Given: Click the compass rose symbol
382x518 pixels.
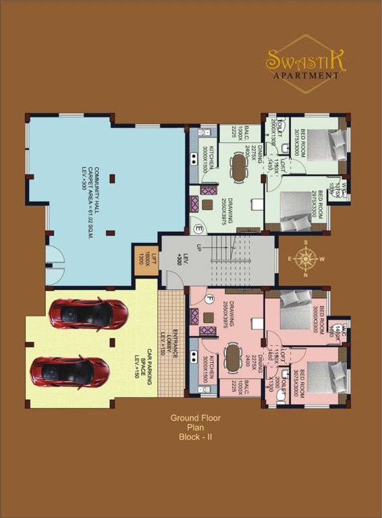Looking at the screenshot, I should (x=306, y=258).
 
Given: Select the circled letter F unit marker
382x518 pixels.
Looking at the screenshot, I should (x=210, y=299).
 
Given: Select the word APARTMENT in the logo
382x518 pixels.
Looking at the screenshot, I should (x=305, y=76).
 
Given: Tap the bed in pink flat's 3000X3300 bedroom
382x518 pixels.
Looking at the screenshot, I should (x=295, y=301).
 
